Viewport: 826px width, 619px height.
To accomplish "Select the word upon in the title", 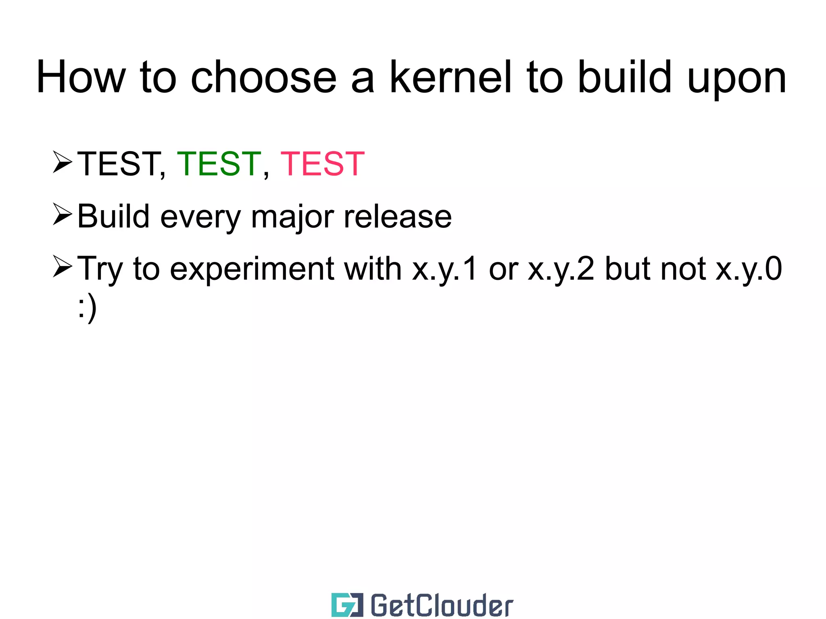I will tap(736, 81).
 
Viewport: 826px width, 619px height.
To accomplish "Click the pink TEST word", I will tap(322, 164).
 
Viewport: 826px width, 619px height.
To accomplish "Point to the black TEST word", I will tap(118, 164).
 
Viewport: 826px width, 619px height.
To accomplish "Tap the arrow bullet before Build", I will tap(62, 215).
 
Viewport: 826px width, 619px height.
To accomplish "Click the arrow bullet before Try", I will tap(62, 267).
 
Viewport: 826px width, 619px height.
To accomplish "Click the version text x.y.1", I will tap(444, 269).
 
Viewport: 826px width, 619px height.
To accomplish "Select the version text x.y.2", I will tap(561, 269).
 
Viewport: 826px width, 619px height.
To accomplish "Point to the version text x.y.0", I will tap(749, 269).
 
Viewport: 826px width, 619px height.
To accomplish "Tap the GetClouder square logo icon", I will tap(347, 604).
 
